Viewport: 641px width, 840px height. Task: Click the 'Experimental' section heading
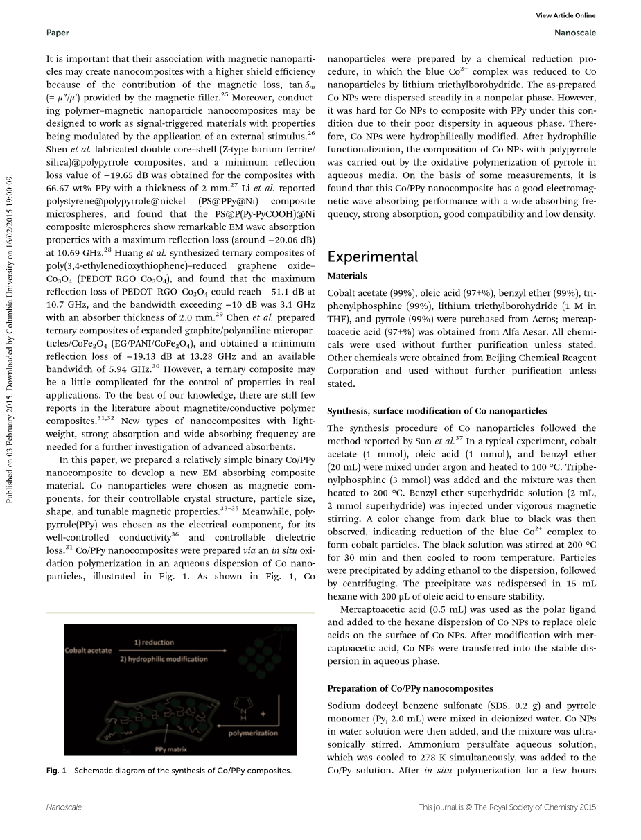372,257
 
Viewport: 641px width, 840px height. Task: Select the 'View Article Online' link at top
565,16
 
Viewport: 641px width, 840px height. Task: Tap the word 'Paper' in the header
58,33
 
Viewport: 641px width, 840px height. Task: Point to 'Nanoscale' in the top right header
575,33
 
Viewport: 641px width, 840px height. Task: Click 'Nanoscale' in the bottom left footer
64,807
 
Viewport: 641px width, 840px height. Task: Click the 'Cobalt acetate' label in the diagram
89,651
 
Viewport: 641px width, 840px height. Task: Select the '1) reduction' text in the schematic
154,642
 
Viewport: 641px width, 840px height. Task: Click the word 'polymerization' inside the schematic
253,733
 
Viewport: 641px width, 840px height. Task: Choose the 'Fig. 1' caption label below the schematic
56,771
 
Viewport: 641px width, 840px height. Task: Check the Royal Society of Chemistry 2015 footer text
507,807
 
